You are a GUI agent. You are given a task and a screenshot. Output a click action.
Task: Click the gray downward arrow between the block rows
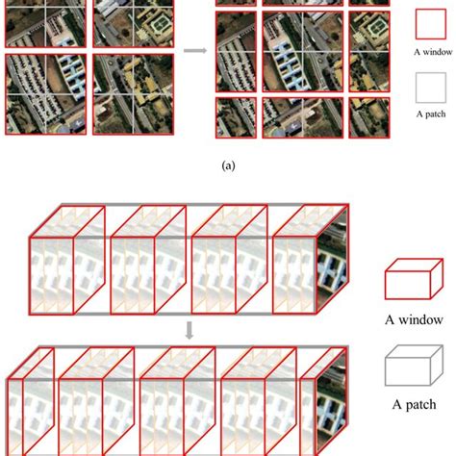pyautogui.click(x=190, y=330)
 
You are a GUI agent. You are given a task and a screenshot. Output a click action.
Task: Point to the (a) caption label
pyautogui.click(x=228, y=165)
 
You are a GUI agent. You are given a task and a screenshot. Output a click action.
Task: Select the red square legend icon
pyautogui.click(x=431, y=24)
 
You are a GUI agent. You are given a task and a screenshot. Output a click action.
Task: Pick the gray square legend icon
pyautogui.click(x=431, y=88)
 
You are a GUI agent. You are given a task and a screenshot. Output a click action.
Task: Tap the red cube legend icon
pyautogui.click(x=414, y=279)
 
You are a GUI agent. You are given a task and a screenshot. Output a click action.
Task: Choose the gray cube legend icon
pyautogui.click(x=414, y=366)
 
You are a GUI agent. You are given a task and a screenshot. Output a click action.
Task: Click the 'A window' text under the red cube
pyautogui.click(x=414, y=319)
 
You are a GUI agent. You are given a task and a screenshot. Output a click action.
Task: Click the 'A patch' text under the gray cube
pyautogui.click(x=414, y=405)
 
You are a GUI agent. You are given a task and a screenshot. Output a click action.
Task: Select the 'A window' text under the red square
pyautogui.click(x=433, y=52)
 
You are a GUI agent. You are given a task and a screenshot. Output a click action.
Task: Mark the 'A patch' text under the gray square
pyautogui.click(x=431, y=114)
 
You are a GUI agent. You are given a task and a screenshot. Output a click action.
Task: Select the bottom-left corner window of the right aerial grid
pyautogui.click(x=236, y=117)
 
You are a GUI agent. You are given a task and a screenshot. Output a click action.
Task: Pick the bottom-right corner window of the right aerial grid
pyautogui.click(x=369, y=117)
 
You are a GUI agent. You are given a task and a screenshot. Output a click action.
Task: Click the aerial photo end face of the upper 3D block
pyautogui.click(x=332, y=261)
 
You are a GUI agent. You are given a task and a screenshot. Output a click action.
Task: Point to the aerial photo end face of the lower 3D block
pyautogui.click(x=332, y=403)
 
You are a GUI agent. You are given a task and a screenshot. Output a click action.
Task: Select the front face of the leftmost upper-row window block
pyautogui.click(x=51, y=276)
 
